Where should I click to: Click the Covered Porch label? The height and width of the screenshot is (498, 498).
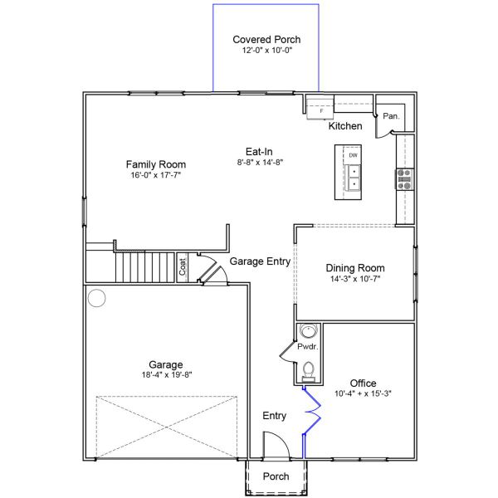(266, 39)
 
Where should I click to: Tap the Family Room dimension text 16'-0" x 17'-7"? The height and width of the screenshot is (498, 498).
(155, 176)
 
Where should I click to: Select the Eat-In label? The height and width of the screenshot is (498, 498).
(255, 151)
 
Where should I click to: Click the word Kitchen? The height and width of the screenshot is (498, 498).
(345, 126)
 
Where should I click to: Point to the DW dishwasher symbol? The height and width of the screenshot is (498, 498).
(353, 155)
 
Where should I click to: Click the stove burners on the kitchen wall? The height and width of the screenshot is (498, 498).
(405, 179)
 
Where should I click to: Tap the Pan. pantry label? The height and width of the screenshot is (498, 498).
(390, 117)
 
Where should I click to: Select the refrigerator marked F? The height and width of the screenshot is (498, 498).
(320, 107)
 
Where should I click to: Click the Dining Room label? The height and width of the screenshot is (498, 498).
(355, 268)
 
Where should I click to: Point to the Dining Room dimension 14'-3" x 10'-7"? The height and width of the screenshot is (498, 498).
(355, 280)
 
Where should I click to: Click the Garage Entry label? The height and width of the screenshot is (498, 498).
(260, 261)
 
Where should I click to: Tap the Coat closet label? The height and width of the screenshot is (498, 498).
(183, 267)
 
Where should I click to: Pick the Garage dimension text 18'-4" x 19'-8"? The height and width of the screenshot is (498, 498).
(166, 375)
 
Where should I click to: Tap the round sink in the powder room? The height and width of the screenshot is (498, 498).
(308, 332)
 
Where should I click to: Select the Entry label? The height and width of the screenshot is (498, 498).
(275, 415)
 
